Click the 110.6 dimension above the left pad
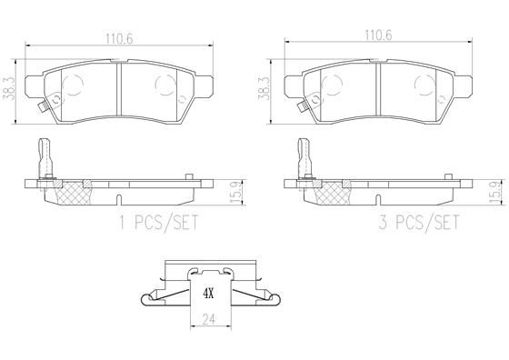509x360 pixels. click(119, 39)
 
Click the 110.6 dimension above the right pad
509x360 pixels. click(378, 35)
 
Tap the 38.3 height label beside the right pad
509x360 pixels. click(264, 88)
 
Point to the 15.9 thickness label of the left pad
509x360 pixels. click(236, 192)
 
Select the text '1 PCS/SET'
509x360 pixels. click(158, 223)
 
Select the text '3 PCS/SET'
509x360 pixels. click(419, 223)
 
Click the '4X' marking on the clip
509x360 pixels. click(208, 295)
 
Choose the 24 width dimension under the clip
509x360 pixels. click(208, 319)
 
